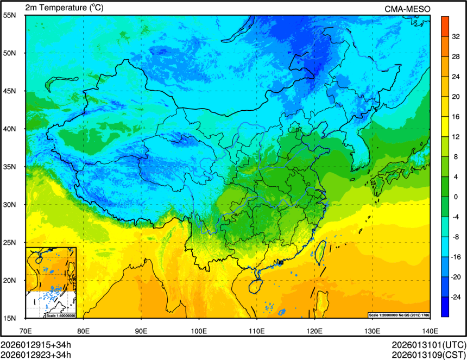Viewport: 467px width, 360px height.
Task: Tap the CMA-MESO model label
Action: tap(407, 8)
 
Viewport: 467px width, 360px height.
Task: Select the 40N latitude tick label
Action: tap(10, 129)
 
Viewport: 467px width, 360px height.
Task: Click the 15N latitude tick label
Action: tap(10, 318)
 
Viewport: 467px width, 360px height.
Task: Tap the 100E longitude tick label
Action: tap(199, 330)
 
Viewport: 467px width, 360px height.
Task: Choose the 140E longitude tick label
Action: tap(430, 330)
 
